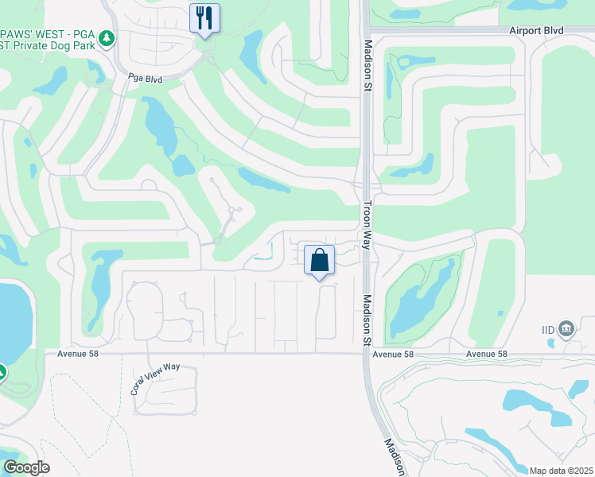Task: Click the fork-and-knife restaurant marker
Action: coord(204,17)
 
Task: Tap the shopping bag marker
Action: coord(319,260)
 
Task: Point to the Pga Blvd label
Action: coord(145,79)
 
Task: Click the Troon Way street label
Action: coord(367,226)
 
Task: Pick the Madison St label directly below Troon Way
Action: coord(367,320)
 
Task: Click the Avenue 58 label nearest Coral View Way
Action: coord(81,354)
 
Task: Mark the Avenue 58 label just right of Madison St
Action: coord(394,354)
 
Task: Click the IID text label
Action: coord(547,328)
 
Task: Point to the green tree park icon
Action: coord(107,38)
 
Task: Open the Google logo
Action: coord(26,467)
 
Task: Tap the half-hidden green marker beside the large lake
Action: coord(2,371)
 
